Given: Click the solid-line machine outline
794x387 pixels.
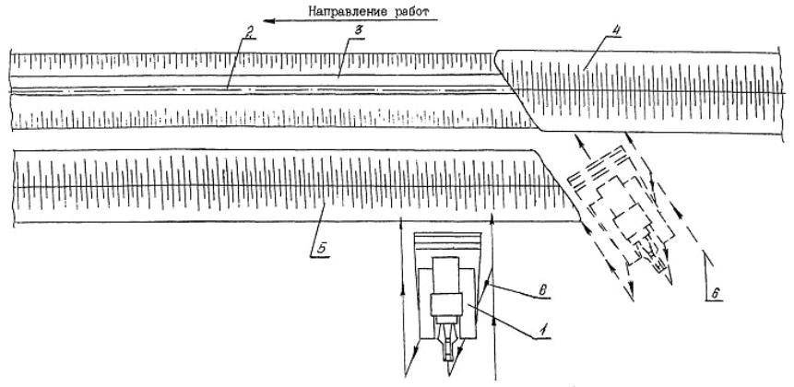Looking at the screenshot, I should [448, 295].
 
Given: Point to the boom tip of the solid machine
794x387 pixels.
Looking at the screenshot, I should [448, 355].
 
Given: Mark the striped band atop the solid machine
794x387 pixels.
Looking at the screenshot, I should [448, 242].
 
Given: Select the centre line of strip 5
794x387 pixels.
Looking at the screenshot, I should [277, 187].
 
